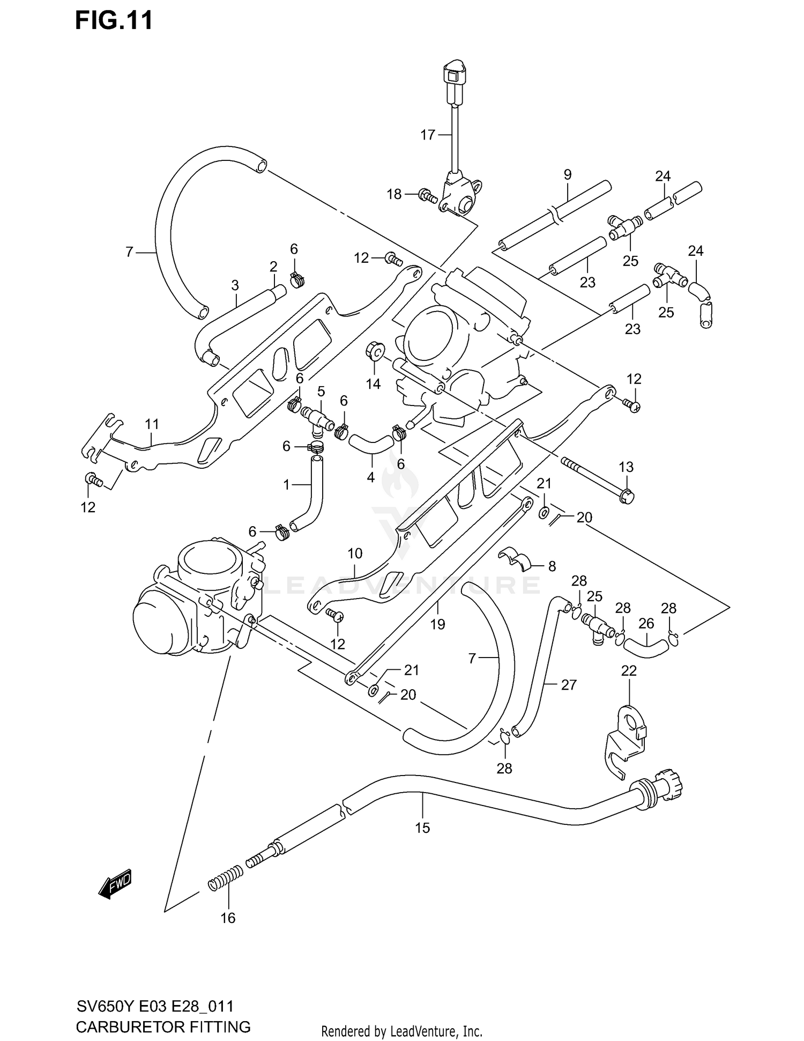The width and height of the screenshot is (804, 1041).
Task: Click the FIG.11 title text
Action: coord(114,20)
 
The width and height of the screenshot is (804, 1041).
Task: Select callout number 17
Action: coord(427,135)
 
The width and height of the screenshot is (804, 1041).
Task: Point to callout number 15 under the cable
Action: coord(422,828)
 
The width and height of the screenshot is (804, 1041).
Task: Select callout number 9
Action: coord(568,175)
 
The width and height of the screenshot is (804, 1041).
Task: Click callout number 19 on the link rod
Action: coord(438,624)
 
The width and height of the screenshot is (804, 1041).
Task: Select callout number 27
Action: coord(569,685)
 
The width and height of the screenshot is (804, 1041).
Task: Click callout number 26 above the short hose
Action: coord(646,624)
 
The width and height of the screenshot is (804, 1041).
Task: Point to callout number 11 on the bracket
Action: coord(152,425)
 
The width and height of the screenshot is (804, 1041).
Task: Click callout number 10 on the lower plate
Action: coord(355,553)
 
